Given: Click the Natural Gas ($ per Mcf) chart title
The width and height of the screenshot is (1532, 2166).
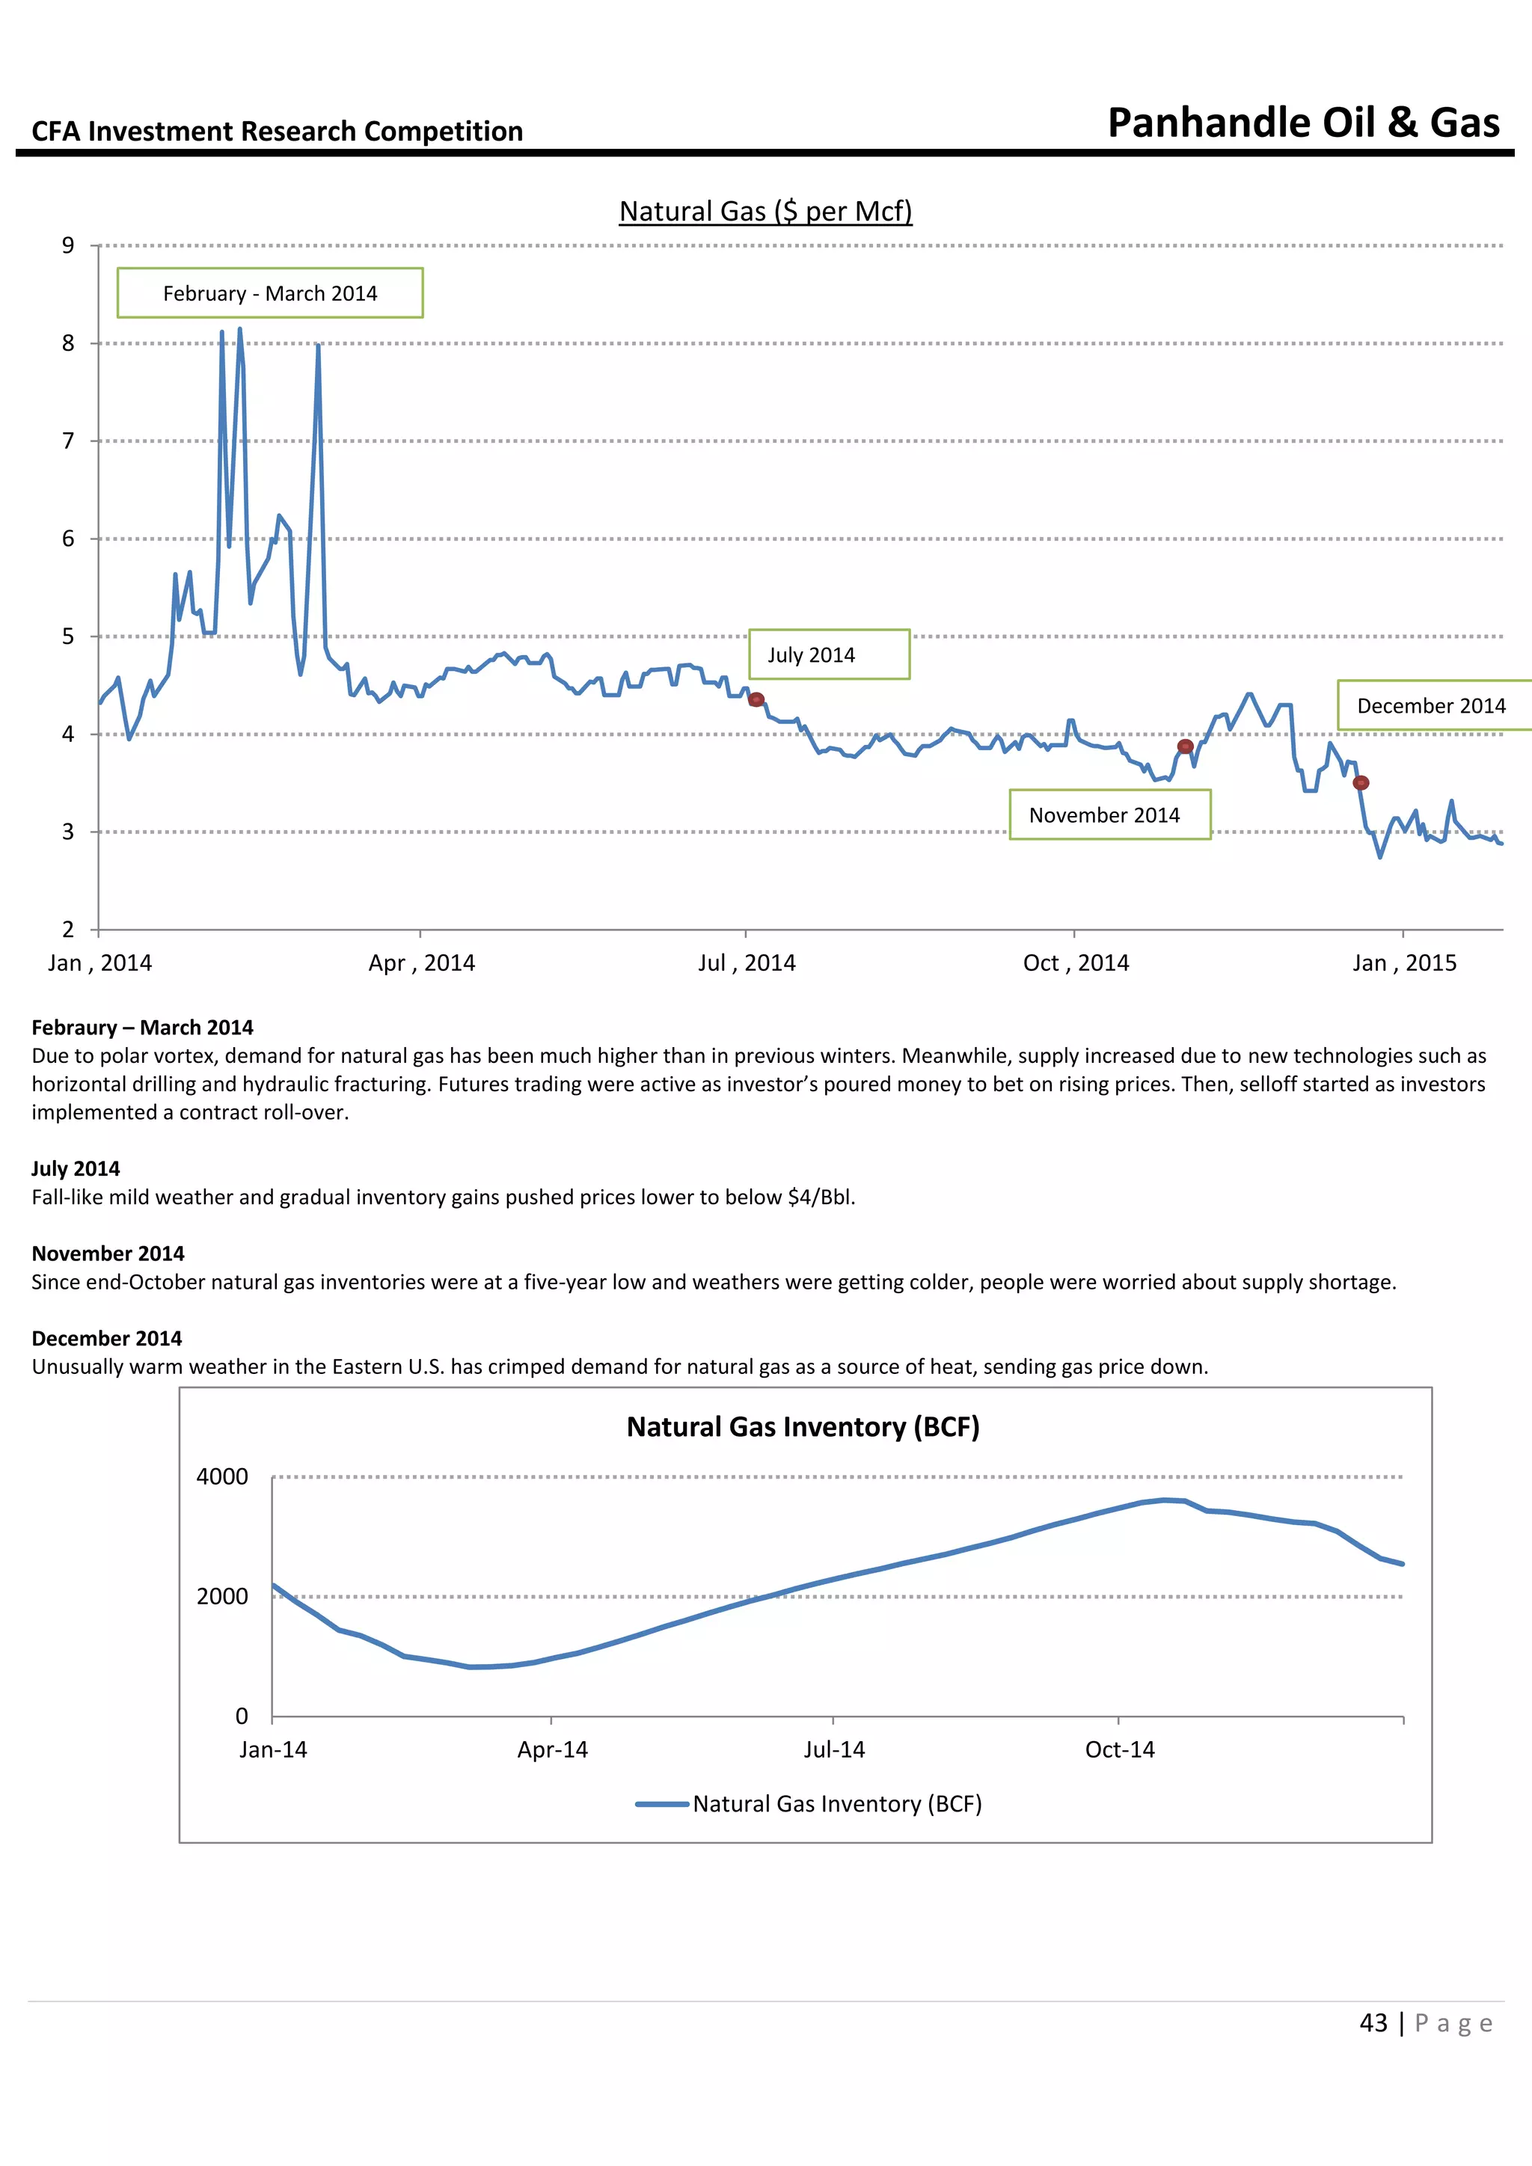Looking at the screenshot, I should pyautogui.click(x=765, y=212).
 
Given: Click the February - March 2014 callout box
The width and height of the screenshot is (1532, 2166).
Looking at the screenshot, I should pyautogui.click(x=270, y=293).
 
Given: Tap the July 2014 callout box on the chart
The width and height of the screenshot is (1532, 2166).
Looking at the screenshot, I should pyautogui.click(x=828, y=654).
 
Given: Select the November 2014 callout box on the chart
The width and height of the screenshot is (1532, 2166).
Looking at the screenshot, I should pyautogui.click(x=1109, y=815).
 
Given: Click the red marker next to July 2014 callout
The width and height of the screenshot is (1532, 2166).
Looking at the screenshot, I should pyautogui.click(x=756, y=700).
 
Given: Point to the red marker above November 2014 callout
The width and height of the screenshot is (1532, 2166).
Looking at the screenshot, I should pyautogui.click(x=1186, y=746).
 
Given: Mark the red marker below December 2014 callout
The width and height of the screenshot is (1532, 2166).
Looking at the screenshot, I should pyautogui.click(x=1360, y=783).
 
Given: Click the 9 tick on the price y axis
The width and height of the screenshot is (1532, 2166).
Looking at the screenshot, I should pyautogui.click(x=68, y=246).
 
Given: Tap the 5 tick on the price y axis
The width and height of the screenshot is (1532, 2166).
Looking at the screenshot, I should pyautogui.click(x=68, y=636).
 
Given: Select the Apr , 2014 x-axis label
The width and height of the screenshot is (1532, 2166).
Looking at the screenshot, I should pyautogui.click(x=422, y=963).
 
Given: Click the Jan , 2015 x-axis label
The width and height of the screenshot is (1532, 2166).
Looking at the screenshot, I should pyautogui.click(x=1403, y=963).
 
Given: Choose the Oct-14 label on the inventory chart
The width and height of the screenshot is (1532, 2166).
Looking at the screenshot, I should pyautogui.click(x=1120, y=1750).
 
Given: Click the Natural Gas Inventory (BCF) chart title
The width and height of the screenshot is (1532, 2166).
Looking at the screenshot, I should pyautogui.click(x=803, y=1427).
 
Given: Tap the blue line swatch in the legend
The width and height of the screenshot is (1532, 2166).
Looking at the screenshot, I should pyautogui.click(x=662, y=1805).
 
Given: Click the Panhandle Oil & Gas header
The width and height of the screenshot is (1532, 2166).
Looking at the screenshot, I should pyautogui.click(x=1303, y=123).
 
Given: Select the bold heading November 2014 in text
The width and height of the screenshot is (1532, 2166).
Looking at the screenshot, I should pyautogui.click(x=108, y=1254).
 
